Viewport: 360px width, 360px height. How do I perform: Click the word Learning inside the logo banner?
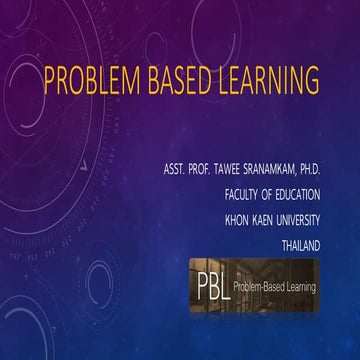tap(295, 287)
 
